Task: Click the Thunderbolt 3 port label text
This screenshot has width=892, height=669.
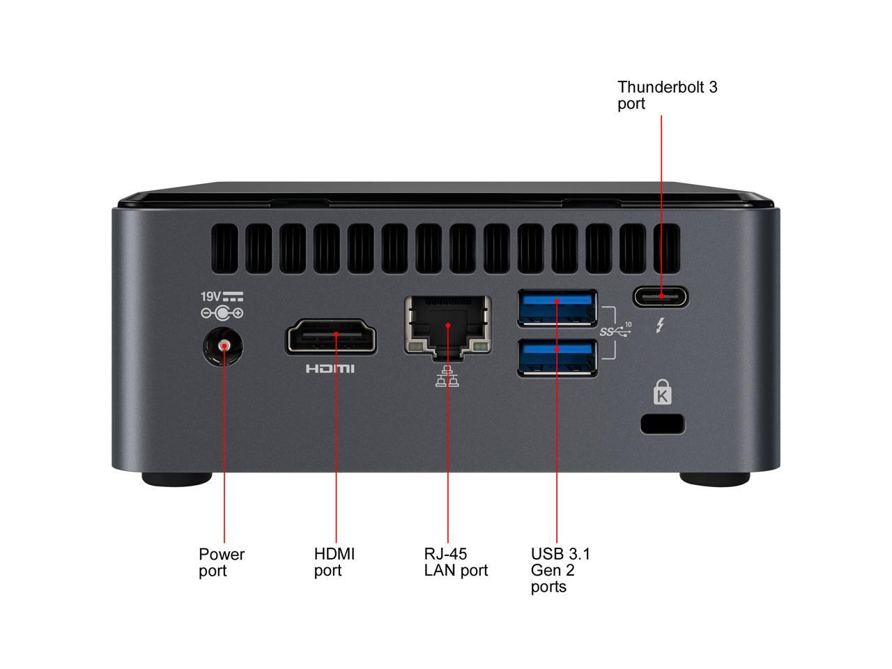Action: point(667,95)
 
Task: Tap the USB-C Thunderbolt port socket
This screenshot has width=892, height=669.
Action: point(660,297)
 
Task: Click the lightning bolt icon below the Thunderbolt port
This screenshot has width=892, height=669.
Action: point(659,325)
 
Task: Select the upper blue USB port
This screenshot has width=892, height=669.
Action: point(557,307)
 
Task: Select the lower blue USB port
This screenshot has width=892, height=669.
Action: point(557,357)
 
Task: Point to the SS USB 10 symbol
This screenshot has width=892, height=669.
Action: point(615,330)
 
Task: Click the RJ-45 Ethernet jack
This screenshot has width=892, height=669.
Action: point(447,325)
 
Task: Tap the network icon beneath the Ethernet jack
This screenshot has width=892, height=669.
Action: point(447,377)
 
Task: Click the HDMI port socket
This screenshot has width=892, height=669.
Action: point(331,337)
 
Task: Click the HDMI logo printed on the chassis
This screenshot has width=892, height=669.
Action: point(330,368)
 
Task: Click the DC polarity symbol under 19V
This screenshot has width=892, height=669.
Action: point(222,314)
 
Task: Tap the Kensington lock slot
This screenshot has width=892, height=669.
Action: point(662,424)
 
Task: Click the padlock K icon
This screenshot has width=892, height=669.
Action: point(663,393)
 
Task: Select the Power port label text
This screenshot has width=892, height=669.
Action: point(222,562)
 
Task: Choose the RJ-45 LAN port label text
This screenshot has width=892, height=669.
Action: point(456,562)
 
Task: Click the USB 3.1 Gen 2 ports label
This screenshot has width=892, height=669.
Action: point(560,570)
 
